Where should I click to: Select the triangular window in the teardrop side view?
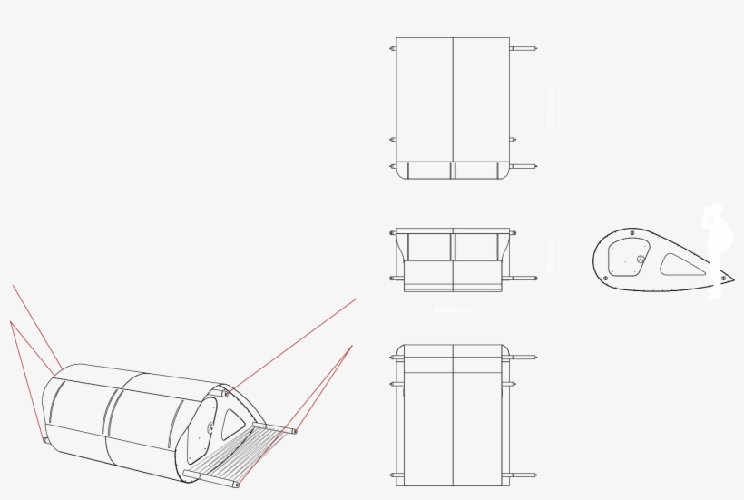point(682,265)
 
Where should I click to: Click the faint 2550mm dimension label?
point(453,309)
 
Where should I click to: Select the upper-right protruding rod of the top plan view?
point(524,47)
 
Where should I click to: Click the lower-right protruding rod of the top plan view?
point(524,166)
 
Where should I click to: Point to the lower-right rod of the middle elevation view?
point(520,278)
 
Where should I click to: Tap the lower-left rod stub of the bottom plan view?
point(393,475)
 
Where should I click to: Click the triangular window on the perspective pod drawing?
point(233,420)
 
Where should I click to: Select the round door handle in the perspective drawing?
point(210,427)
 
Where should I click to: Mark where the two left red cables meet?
point(12,321)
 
